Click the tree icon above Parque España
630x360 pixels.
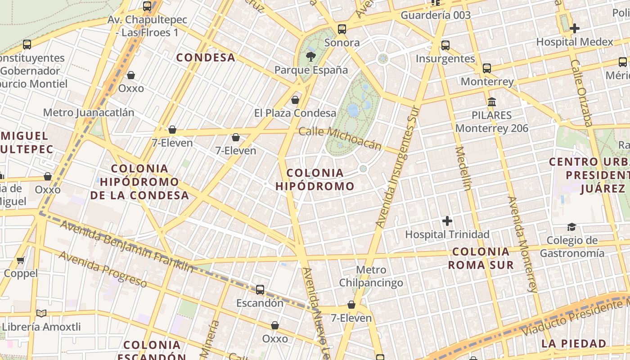[x=310, y=57]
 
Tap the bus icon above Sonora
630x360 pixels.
[x=342, y=30]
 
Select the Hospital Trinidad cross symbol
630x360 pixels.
[x=447, y=221]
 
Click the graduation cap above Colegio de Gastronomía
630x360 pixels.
[x=571, y=227]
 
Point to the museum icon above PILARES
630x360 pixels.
[x=491, y=102]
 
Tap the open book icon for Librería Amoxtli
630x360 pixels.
[x=41, y=314]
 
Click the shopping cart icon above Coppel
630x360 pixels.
[x=21, y=260]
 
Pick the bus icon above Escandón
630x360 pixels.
[x=260, y=290]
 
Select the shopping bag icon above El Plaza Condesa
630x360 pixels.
[x=295, y=100]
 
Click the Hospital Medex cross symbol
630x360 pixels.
[x=574, y=29]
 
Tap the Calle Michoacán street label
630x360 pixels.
[x=340, y=138]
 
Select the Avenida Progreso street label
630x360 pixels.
[x=103, y=269]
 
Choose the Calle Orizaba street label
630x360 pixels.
[x=581, y=93]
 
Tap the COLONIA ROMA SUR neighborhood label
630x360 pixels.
[x=481, y=258]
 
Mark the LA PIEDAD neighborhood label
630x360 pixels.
[x=574, y=344]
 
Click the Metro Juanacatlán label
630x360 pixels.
[x=89, y=112]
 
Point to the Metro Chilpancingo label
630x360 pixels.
[x=371, y=276]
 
